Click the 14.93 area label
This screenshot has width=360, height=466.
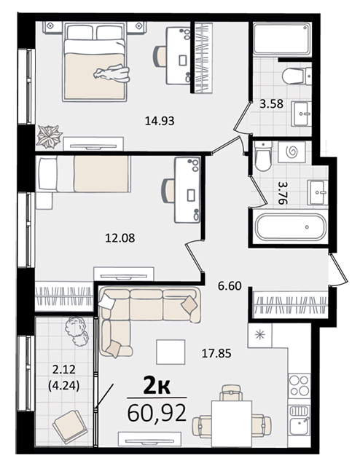[x=160, y=121]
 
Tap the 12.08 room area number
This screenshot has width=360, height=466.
[x=120, y=238]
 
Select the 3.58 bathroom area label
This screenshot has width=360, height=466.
[x=271, y=104]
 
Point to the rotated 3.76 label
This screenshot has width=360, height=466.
[x=283, y=193]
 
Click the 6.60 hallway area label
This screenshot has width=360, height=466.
[x=230, y=286]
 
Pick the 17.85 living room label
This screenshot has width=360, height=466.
[x=216, y=354]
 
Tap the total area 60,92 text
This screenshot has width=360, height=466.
[x=157, y=414]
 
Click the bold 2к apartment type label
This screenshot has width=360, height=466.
[x=157, y=386]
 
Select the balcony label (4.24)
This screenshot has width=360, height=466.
[x=63, y=386]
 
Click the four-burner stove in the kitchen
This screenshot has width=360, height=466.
[x=300, y=384]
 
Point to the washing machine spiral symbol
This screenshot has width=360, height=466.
[x=291, y=152]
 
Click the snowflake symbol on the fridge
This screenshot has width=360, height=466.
[x=259, y=335]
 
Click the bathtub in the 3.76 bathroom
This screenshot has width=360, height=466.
[x=291, y=227]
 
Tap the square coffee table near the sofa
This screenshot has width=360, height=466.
[x=171, y=352]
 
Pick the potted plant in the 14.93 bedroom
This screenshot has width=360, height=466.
[x=49, y=136]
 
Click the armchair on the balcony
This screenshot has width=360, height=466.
[x=70, y=427]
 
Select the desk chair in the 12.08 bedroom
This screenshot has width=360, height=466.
[x=168, y=191]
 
